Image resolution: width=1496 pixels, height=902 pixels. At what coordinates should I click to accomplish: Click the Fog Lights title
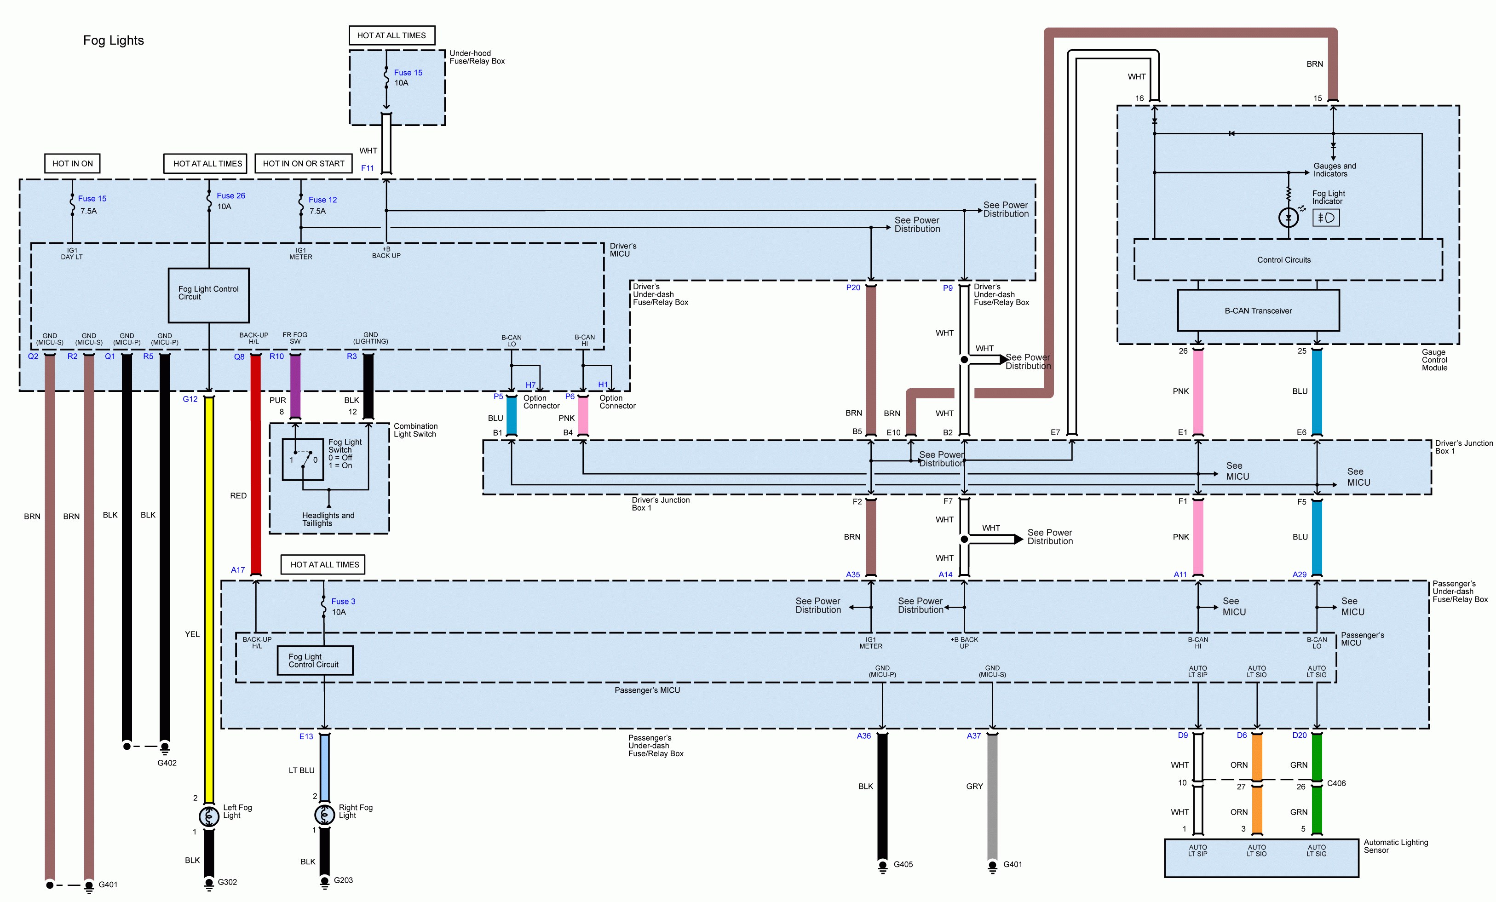(114, 40)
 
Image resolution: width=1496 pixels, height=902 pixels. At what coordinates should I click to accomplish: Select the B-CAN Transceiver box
(1258, 310)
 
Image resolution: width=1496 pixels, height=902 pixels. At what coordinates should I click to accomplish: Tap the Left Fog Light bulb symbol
(209, 816)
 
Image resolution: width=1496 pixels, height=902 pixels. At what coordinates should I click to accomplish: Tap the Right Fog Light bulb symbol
(325, 815)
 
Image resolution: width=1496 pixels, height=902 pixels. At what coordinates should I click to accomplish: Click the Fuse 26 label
(231, 195)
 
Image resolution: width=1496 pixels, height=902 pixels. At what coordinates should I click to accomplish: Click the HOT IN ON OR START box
(303, 163)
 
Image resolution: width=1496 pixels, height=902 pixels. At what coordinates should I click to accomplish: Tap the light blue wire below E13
(325, 767)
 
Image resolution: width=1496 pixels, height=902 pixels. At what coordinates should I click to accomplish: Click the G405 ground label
(903, 864)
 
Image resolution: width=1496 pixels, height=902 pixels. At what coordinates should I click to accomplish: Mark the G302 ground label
(227, 882)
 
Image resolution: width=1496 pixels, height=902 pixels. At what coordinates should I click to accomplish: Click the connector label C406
(1336, 783)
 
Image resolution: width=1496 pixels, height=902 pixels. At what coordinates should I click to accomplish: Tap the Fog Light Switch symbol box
(302, 460)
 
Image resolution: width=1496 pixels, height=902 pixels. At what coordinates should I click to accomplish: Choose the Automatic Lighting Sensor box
(1260, 858)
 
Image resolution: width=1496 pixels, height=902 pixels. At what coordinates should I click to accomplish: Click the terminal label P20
(852, 288)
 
